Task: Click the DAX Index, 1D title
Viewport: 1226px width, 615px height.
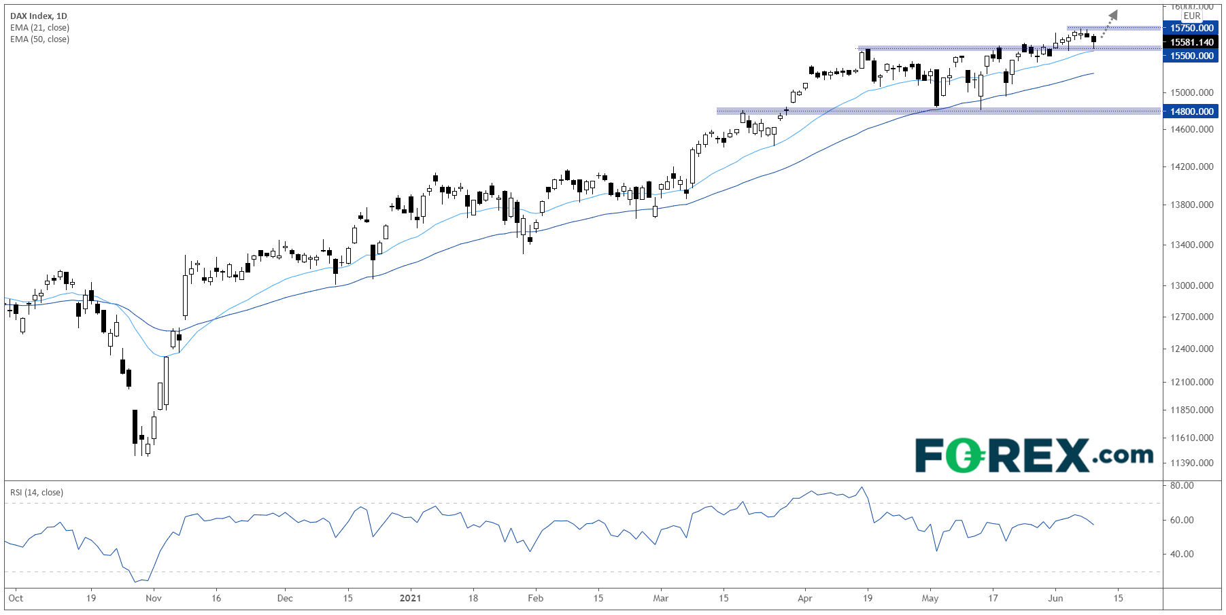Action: click(39, 16)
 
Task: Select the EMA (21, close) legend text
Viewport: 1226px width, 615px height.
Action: click(39, 28)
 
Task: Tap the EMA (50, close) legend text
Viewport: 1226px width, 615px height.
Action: click(39, 39)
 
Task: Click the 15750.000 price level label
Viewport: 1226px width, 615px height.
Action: click(1191, 28)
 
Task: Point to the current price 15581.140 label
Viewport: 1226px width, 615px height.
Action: click(1191, 42)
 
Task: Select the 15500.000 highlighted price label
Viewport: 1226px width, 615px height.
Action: click(1191, 56)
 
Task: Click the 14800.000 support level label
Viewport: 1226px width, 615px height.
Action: click(1191, 111)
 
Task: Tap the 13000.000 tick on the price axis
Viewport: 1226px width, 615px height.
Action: click(1191, 285)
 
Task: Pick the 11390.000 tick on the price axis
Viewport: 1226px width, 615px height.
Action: click(1191, 463)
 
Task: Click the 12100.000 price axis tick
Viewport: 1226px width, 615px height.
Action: click(1191, 382)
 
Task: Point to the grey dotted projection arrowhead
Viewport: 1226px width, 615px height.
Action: click(1112, 15)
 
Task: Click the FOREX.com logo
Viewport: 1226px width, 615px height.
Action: click(1034, 455)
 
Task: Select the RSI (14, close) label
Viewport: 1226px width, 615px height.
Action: click(37, 493)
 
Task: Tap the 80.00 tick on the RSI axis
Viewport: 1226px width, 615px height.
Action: click(1182, 485)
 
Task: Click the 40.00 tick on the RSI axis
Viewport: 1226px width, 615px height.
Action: click(1182, 554)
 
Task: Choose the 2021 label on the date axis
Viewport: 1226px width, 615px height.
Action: click(410, 599)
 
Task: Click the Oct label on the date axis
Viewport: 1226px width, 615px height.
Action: click(16, 599)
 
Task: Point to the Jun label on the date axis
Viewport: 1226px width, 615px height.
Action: click(1055, 599)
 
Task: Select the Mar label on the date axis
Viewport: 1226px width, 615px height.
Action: click(660, 599)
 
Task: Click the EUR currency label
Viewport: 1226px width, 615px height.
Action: click(1191, 16)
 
